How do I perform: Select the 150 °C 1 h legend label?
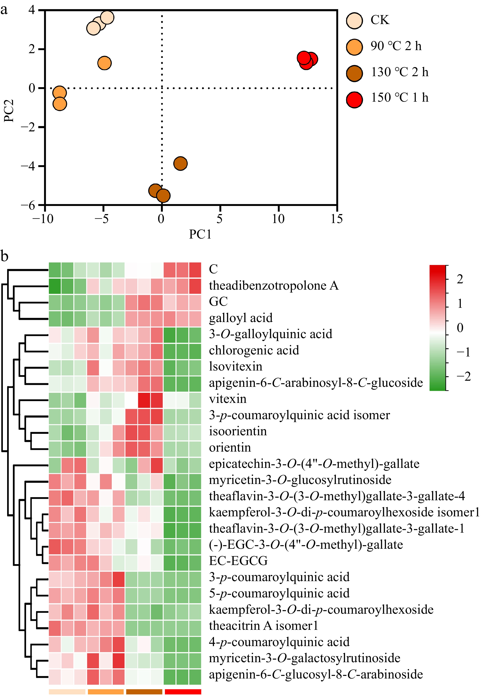click(399, 98)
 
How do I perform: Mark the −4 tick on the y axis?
click(28, 166)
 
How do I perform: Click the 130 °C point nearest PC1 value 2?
click(180, 163)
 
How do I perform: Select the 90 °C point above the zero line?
click(104, 63)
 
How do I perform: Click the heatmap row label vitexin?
click(227, 399)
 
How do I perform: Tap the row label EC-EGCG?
click(238, 561)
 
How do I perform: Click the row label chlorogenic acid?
click(254, 350)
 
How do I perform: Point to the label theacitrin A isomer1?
click(263, 626)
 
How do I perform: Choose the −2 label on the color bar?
click(463, 376)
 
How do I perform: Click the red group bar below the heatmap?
click(183, 692)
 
